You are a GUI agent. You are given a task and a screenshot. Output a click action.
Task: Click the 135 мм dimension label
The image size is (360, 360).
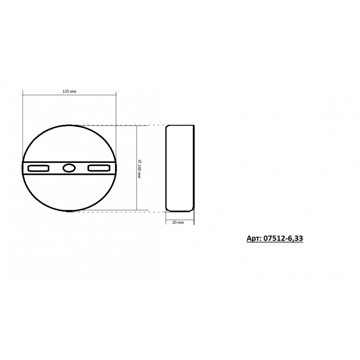click(69, 92)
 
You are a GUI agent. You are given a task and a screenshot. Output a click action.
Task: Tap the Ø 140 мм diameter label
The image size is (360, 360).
click(139, 169)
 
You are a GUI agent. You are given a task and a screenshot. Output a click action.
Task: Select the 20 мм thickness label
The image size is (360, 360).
click(178, 223)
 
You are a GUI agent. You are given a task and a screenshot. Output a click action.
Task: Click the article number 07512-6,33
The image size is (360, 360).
click(283, 238)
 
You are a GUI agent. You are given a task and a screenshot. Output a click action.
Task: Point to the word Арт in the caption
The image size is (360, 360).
click(253, 239)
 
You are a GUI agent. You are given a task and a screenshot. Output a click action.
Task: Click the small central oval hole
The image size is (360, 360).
click(69, 168)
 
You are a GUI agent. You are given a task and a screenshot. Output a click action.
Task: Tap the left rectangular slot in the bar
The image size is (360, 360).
click(39, 168)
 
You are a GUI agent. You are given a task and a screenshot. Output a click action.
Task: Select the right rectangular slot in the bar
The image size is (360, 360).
click(99, 168)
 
